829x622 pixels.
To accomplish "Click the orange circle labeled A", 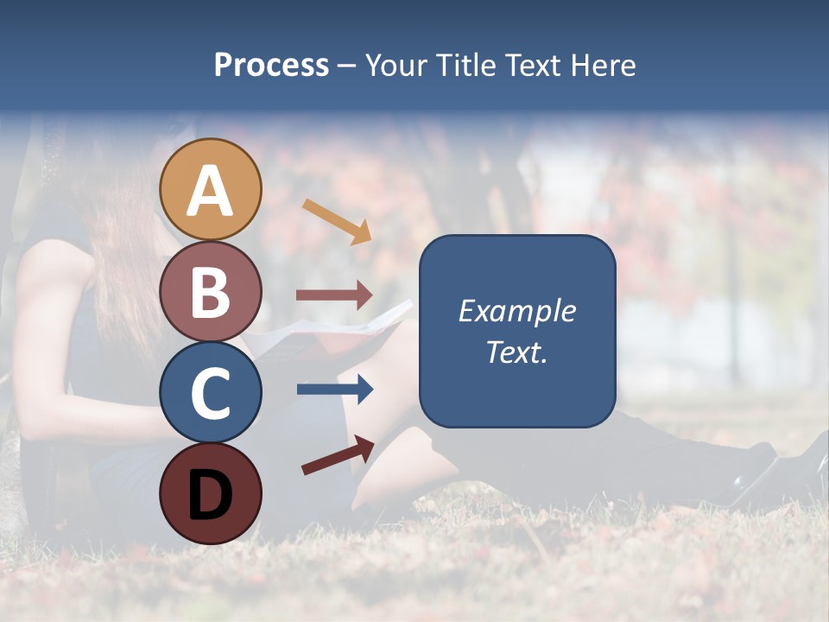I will click(x=211, y=189).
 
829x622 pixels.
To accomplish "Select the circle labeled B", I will click(x=211, y=291).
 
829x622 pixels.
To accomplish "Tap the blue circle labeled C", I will click(x=211, y=392).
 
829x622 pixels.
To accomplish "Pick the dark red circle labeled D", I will click(x=211, y=493).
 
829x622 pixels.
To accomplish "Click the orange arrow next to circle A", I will click(x=337, y=221).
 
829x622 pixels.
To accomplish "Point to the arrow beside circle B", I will click(x=334, y=295).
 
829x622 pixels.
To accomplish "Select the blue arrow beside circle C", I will click(x=334, y=390).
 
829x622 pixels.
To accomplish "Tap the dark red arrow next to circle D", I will click(x=338, y=455).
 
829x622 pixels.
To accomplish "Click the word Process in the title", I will click(x=271, y=65).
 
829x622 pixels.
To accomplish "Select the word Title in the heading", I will click(x=466, y=65).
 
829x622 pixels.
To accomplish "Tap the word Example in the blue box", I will click(x=516, y=311).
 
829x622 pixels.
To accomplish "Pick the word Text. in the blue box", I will click(x=516, y=352).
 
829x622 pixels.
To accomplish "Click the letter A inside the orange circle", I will click(x=211, y=191).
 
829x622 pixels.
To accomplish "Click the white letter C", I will click(x=211, y=393).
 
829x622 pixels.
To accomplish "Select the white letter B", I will click(x=211, y=292).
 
